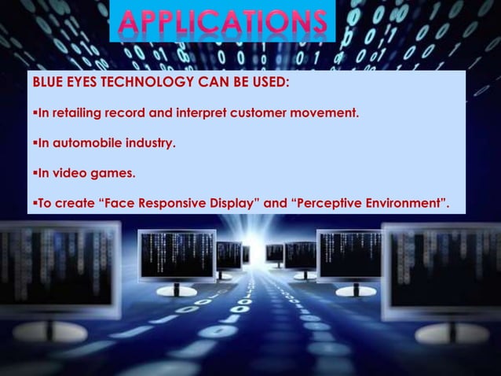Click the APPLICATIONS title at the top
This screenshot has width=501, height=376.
(x=221, y=22)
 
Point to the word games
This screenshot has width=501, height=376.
(x=109, y=175)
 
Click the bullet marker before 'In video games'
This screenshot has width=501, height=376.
(x=34, y=175)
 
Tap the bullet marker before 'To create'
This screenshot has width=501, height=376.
(x=34, y=204)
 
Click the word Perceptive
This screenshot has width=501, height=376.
(x=332, y=204)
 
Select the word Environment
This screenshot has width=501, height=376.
(x=408, y=204)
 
